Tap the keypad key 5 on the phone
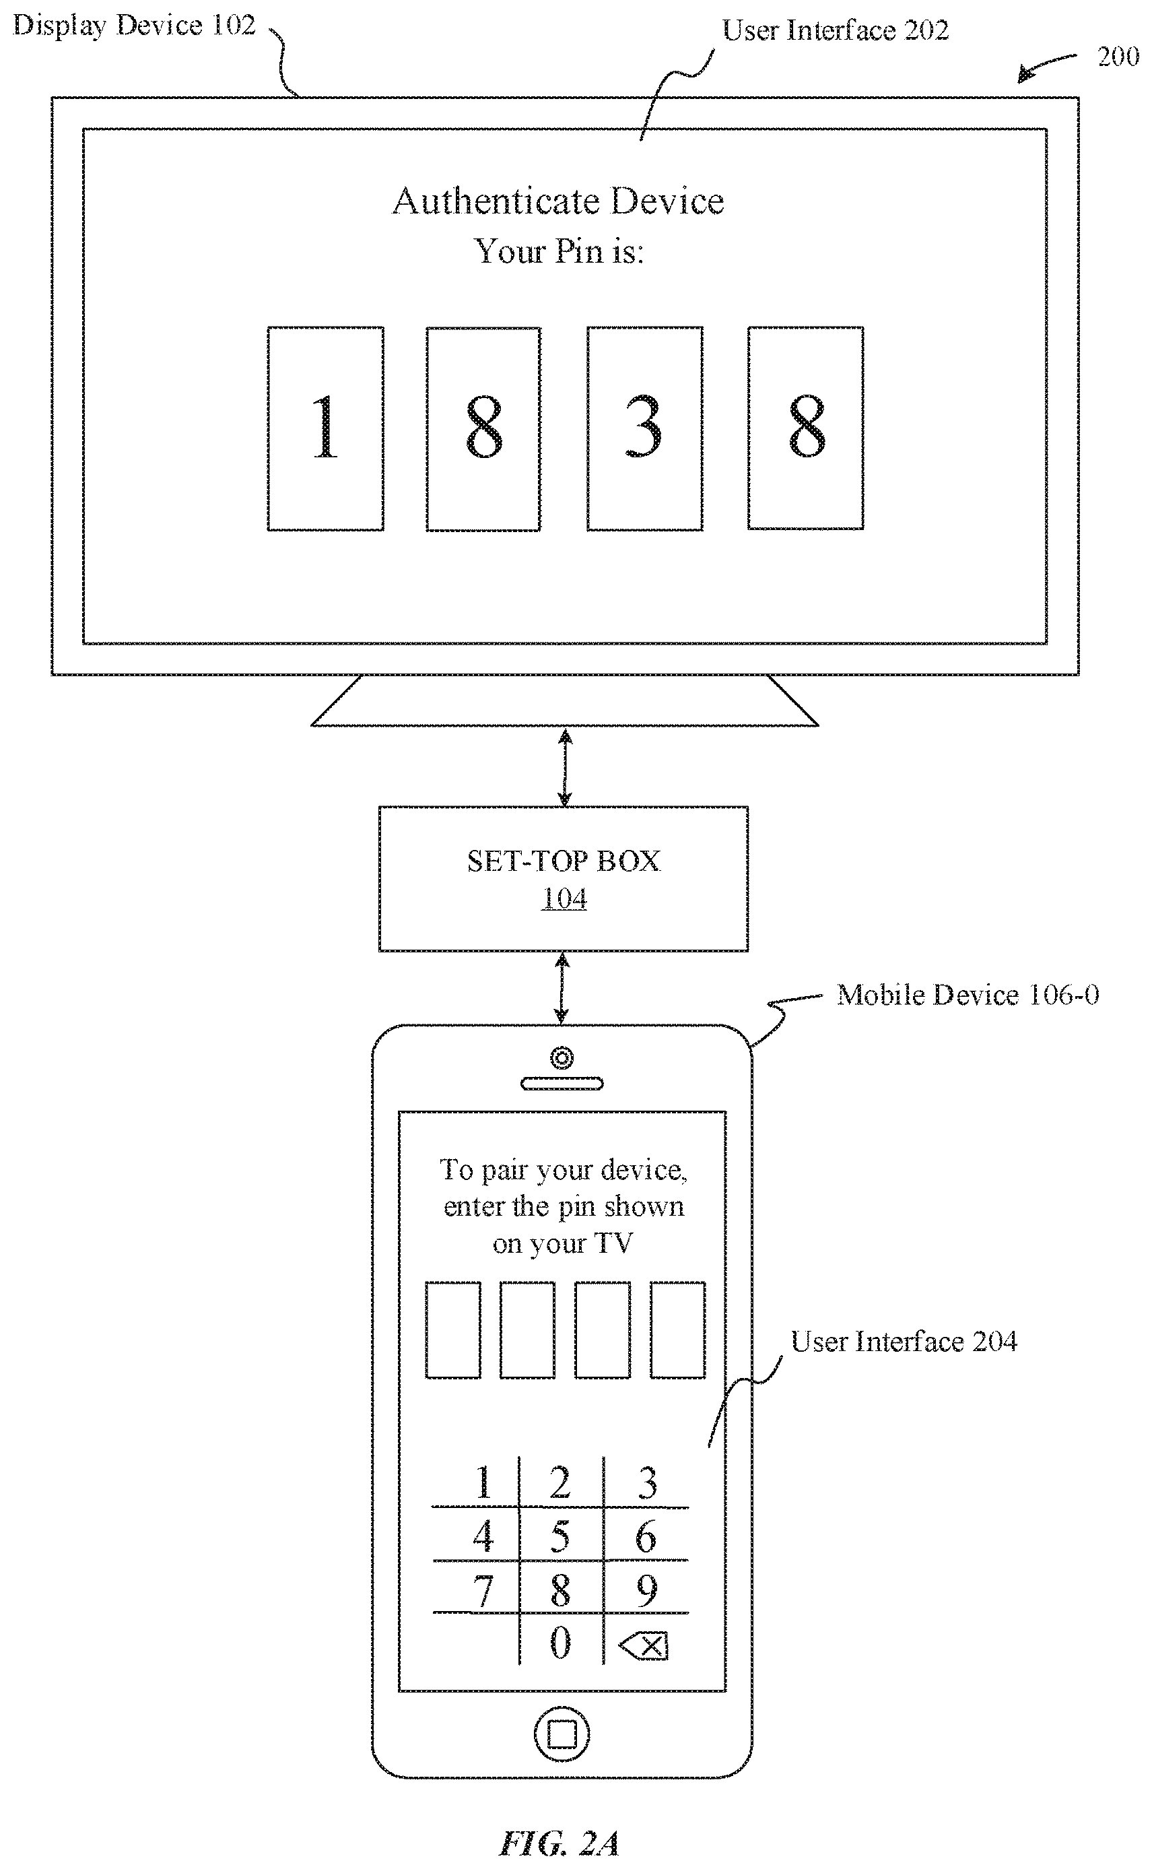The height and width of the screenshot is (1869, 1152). (x=560, y=1536)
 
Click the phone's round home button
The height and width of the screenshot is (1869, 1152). (x=562, y=1734)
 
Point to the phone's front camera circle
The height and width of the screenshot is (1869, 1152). (x=562, y=1058)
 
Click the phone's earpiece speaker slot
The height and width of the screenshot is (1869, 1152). (x=562, y=1084)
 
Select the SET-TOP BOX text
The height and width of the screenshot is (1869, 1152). (x=564, y=861)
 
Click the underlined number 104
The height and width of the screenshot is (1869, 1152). (x=564, y=898)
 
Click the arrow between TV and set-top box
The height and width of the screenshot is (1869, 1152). (x=565, y=766)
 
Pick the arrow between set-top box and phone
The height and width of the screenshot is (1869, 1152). (x=562, y=987)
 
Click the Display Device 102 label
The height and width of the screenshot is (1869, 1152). (x=134, y=26)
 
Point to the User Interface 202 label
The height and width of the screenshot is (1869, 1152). (x=835, y=30)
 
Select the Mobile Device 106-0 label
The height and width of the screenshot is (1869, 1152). (x=968, y=994)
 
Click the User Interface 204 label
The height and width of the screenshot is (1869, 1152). (x=904, y=1341)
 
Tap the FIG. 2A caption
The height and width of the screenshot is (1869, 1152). (x=560, y=1843)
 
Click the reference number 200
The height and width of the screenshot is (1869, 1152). (x=1118, y=57)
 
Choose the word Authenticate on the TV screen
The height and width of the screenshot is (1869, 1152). (x=496, y=201)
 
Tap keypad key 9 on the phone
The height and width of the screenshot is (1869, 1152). (x=647, y=1590)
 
